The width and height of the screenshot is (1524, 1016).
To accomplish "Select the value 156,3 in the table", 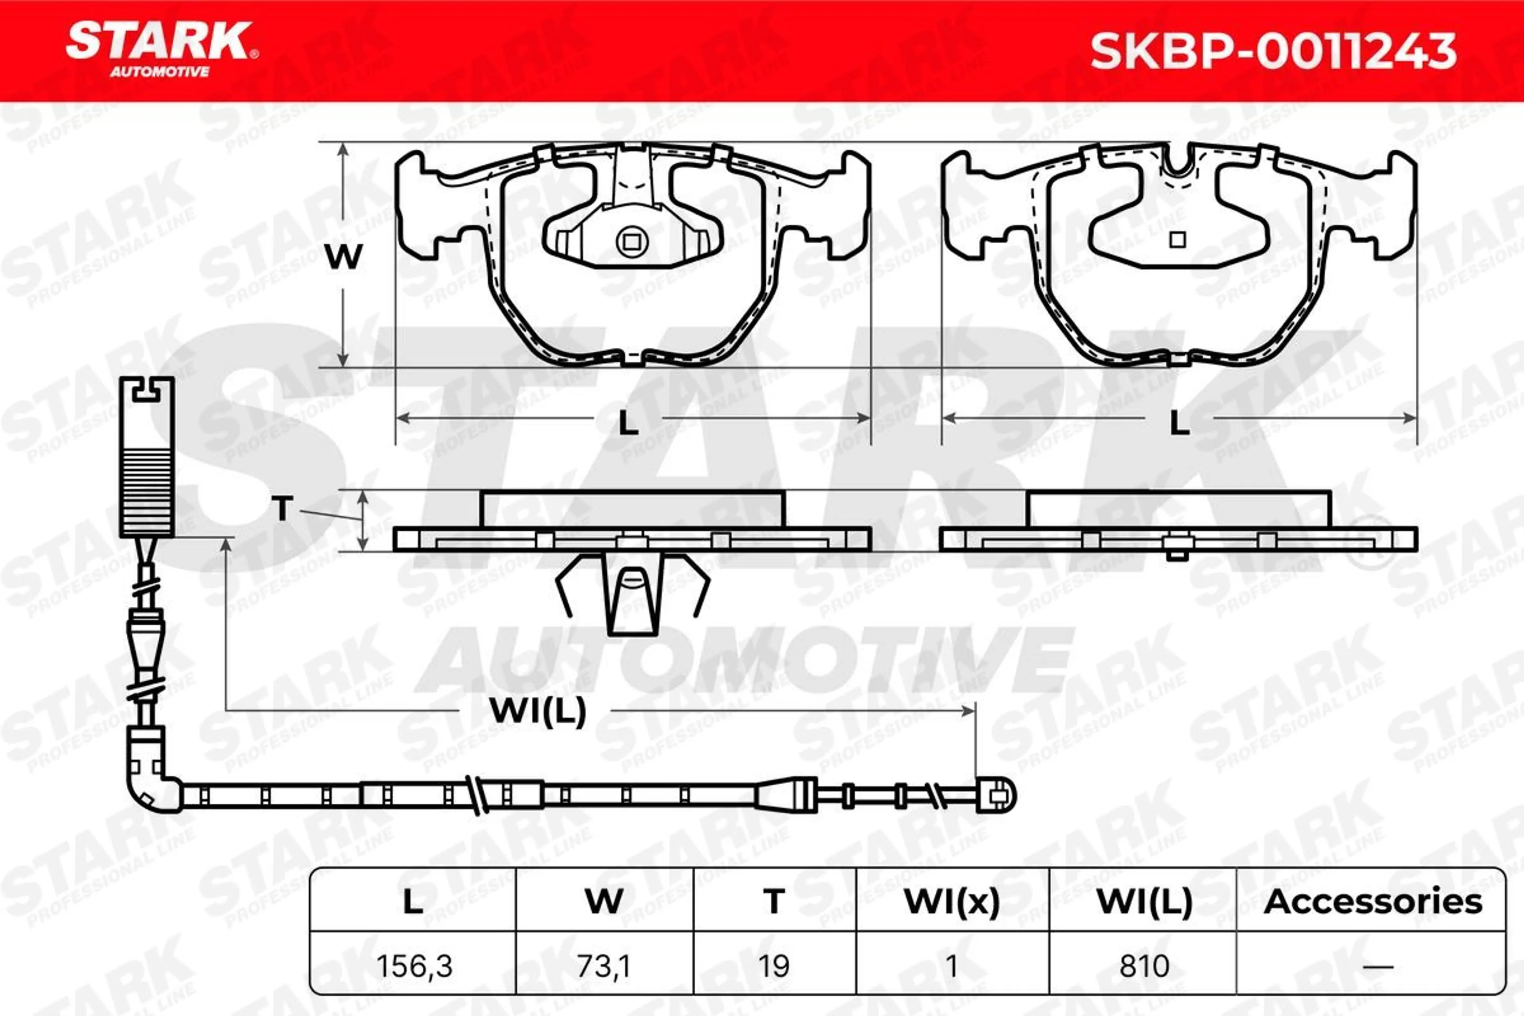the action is click(x=414, y=966).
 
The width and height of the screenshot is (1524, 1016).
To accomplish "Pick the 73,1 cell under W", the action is click(x=603, y=966).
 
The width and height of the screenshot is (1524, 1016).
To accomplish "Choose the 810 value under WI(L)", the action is click(x=1144, y=966).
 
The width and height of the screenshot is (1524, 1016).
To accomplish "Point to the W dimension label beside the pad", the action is click(x=343, y=257).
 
